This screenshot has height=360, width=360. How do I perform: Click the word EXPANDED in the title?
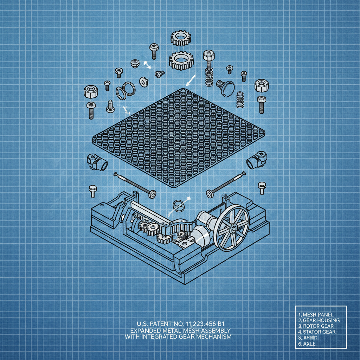(x=146, y=330)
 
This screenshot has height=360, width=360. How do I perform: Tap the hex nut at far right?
(x=261, y=85)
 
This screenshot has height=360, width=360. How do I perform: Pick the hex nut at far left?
(x=91, y=92)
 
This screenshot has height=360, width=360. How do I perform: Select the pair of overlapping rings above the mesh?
(x=124, y=91)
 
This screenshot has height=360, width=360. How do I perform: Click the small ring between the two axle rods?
(x=178, y=206)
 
